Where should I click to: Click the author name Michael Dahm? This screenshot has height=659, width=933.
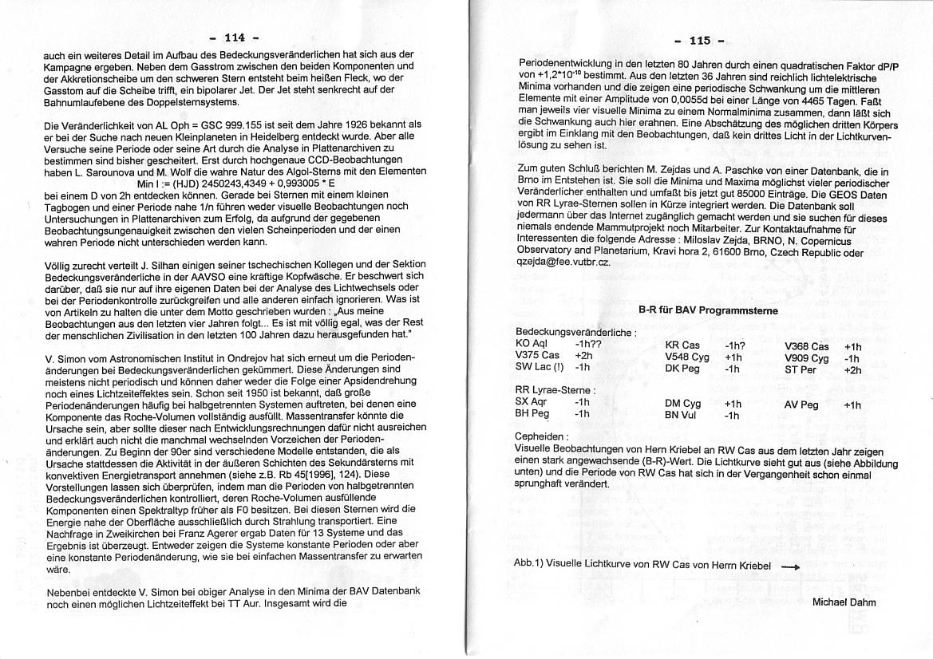(844, 602)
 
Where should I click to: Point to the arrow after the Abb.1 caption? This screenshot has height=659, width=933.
(789, 566)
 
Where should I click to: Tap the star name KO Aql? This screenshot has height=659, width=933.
(532, 343)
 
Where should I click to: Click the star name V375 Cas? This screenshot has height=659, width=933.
(538, 355)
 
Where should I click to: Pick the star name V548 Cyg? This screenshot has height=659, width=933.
(687, 357)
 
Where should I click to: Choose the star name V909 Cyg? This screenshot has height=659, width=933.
(807, 358)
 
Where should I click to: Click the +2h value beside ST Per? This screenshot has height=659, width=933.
(852, 370)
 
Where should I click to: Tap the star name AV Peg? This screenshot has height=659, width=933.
(801, 405)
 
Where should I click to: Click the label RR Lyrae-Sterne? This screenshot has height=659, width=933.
(555, 389)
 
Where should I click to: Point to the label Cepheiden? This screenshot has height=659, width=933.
(542, 436)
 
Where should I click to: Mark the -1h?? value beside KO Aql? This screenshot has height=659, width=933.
(587, 343)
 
